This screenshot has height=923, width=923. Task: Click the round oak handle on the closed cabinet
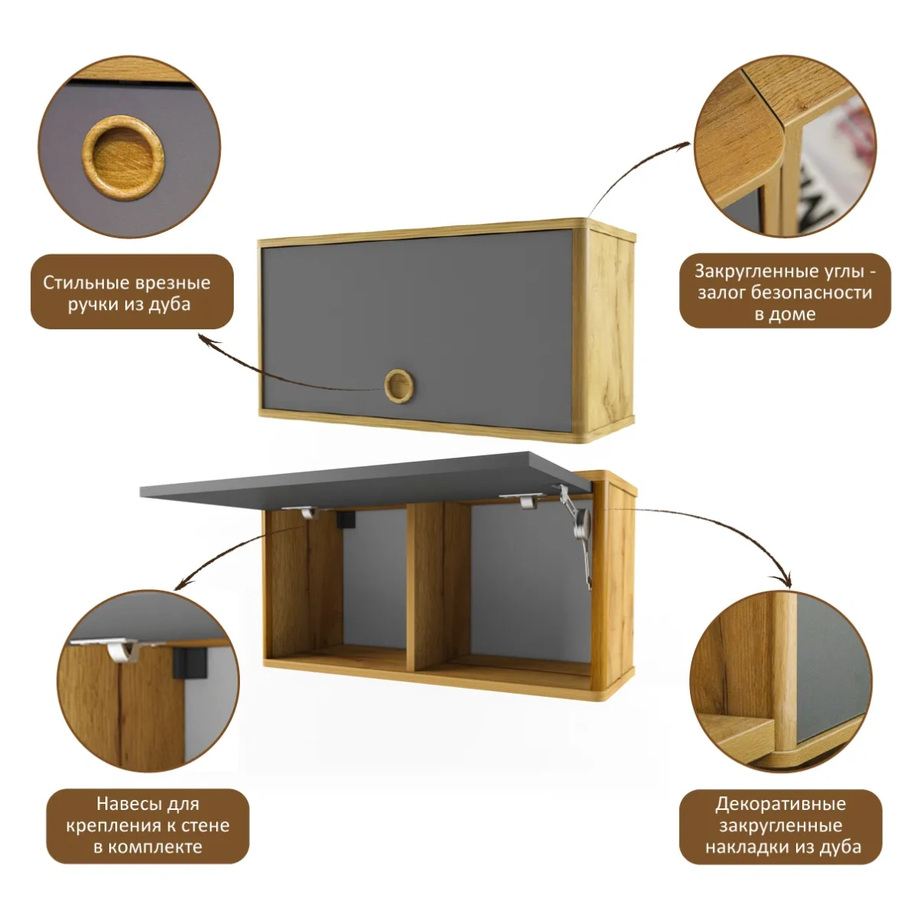point(398,386)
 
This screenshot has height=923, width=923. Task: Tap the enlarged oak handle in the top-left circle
point(123,157)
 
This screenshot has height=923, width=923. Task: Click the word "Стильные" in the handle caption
point(85,282)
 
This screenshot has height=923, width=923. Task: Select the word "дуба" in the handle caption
point(169,305)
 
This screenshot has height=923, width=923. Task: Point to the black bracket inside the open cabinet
point(345,520)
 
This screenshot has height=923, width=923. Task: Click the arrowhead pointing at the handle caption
point(207,338)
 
